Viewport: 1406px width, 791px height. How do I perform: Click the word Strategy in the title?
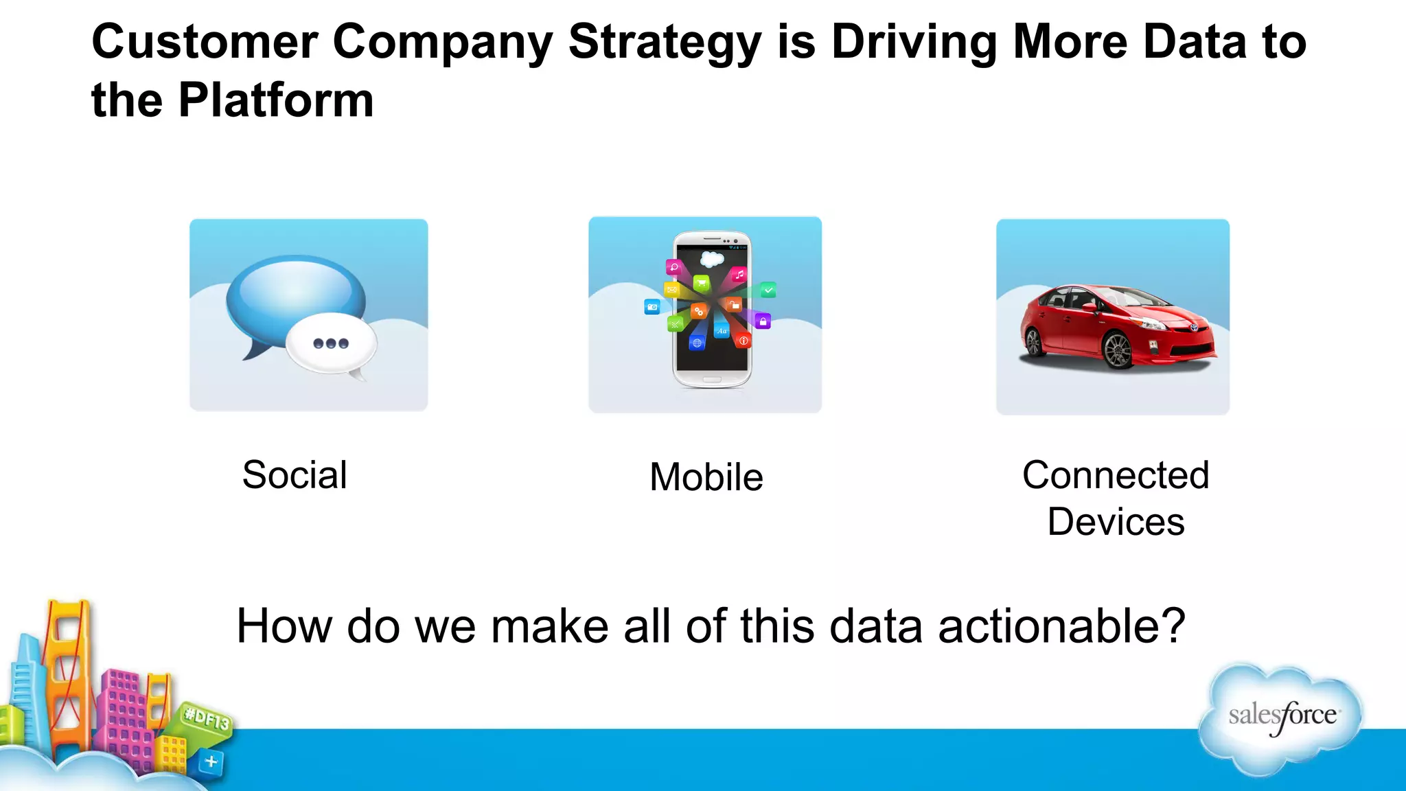point(665,43)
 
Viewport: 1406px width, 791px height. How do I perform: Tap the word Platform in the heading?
point(276,101)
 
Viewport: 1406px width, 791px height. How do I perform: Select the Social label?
point(295,475)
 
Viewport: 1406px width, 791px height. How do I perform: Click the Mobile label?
point(706,477)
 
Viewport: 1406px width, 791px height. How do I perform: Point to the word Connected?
point(1115,475)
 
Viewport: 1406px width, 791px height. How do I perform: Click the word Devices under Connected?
point(1115,522)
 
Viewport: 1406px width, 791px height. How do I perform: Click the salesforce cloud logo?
point(1281,718)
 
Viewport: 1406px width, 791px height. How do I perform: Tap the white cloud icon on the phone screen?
point(712,259)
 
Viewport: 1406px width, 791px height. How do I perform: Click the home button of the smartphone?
point(712,379)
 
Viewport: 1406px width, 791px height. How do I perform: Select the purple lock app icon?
point(763,321)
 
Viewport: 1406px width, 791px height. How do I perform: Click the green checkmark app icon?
point(768,290)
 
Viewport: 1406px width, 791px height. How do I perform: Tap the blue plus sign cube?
point(211,761)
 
